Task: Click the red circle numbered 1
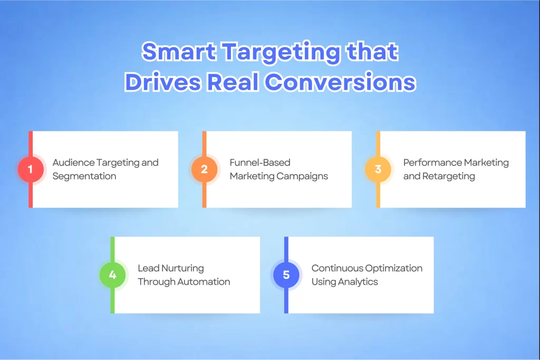point(31,169)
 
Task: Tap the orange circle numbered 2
point(204,169)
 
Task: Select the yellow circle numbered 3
point(378,169)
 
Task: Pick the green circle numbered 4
point(113,275)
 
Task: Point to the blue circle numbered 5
point(286,275)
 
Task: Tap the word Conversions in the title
point(340,82)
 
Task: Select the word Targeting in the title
point(281,53)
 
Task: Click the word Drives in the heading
point(162,82)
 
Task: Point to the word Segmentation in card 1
point(84,176)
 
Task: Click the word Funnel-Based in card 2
point(260,162)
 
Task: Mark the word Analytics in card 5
point(358,282)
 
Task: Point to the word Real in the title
point(233,82)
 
